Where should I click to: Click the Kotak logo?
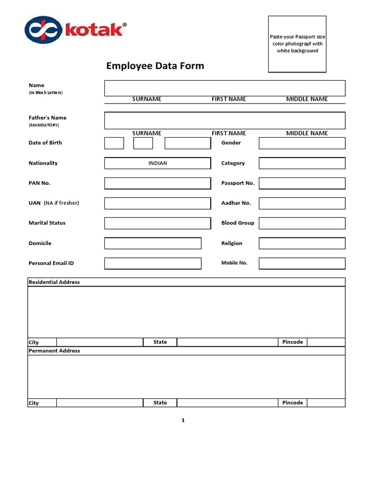[x=75, y=30]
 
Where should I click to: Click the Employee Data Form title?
[x=155, y=66]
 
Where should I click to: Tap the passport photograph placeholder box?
[x=297, y=44]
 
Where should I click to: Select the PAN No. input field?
[x=157, y=183]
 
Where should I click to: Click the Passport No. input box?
[x=302, y=183]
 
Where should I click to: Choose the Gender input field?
[x=302, y=143]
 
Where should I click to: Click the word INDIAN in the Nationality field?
[x=157, y=163]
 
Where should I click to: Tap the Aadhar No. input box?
[x=302, y=203]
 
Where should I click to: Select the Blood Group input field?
[x=302, y=223]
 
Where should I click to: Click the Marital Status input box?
[x=157, y=223]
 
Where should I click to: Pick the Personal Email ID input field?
[x=153, y=263]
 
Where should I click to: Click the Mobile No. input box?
[x=302, y=263]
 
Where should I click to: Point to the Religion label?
[x=232, y=243]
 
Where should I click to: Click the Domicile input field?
[x=153, y=243]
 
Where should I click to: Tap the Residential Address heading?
[x=54, y=282]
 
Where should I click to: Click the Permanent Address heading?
[x=54, y=351]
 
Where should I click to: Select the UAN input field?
[x=157, y=203]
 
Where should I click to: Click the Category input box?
[x=302, y=163]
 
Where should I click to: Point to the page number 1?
[x=183, y=420]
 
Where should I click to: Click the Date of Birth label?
[x=45, y=143]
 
